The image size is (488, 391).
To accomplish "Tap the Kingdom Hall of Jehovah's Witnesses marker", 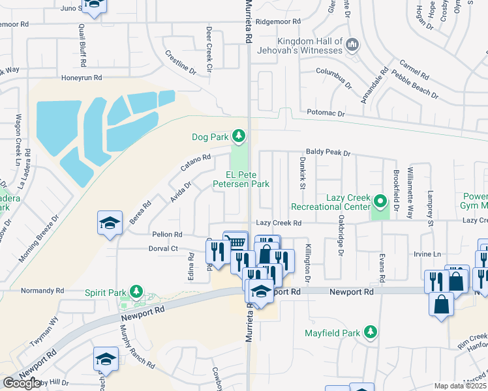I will pos(352,45).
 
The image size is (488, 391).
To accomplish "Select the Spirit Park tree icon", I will pos(136,291).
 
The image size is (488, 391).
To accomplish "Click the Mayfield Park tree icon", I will pos(370,332).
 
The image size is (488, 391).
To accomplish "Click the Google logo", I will pos(22,383).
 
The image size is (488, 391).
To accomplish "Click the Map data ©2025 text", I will pos(459,386).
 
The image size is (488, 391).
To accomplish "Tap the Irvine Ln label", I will pos(427,254).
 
